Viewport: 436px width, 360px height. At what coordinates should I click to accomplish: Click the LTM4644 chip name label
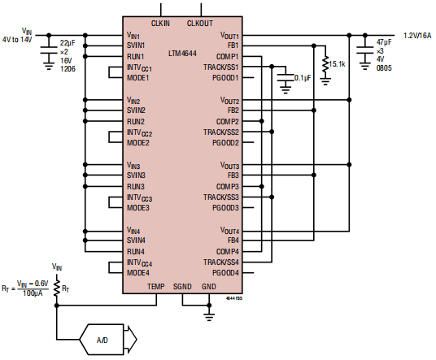click(x=182, y=52)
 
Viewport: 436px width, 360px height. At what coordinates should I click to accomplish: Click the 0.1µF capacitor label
click(x=303, y=79)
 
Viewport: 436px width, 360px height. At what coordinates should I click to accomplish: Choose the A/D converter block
click(x=102, y=340)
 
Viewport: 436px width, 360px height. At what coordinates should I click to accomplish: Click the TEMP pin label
click(x=155, y=286)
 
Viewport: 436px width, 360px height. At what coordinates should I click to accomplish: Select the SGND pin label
click(x=182, y=286)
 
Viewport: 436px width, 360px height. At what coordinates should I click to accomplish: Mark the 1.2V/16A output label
click(x=418, y=36)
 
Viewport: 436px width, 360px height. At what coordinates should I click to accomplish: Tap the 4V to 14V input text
click(x=19, y=38)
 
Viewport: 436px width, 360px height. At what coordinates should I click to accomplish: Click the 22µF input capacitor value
click(x=68, y=41)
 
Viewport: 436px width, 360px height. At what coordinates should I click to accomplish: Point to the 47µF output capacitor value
click(x=385, y=41)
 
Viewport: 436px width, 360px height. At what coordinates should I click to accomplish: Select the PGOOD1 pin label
click(x=225, y=78)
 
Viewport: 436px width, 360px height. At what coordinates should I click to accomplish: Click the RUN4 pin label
click(x=136, y=251)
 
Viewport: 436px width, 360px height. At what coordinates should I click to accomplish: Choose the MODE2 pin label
click(x=137, y=143)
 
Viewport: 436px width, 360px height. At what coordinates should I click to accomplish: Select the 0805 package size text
click(x=384, y=69)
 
